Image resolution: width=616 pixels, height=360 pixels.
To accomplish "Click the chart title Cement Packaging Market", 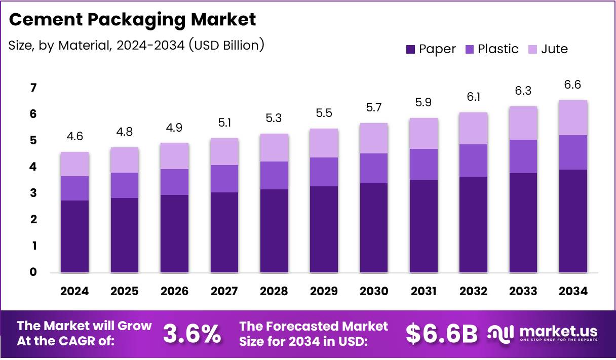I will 133,20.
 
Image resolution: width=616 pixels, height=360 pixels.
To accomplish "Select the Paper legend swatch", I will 410,49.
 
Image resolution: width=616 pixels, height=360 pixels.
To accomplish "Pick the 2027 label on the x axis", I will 224,291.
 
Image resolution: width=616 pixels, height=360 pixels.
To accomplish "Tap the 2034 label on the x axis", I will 573,291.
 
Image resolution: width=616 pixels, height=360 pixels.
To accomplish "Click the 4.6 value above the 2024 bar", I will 74,137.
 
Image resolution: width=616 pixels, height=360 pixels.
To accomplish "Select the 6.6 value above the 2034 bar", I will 573,85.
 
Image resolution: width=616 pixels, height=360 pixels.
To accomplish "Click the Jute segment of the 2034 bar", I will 573,117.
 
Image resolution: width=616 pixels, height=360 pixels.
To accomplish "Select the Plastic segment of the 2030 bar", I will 373,168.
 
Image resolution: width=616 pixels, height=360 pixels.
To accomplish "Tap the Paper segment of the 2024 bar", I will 74,236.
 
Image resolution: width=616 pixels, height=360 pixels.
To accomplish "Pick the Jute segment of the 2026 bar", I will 174,156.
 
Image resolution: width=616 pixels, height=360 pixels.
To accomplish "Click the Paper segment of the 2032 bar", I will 473,224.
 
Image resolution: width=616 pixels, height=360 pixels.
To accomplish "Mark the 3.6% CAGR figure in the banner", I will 192,334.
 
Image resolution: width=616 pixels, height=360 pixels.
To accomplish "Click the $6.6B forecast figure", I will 442,334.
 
